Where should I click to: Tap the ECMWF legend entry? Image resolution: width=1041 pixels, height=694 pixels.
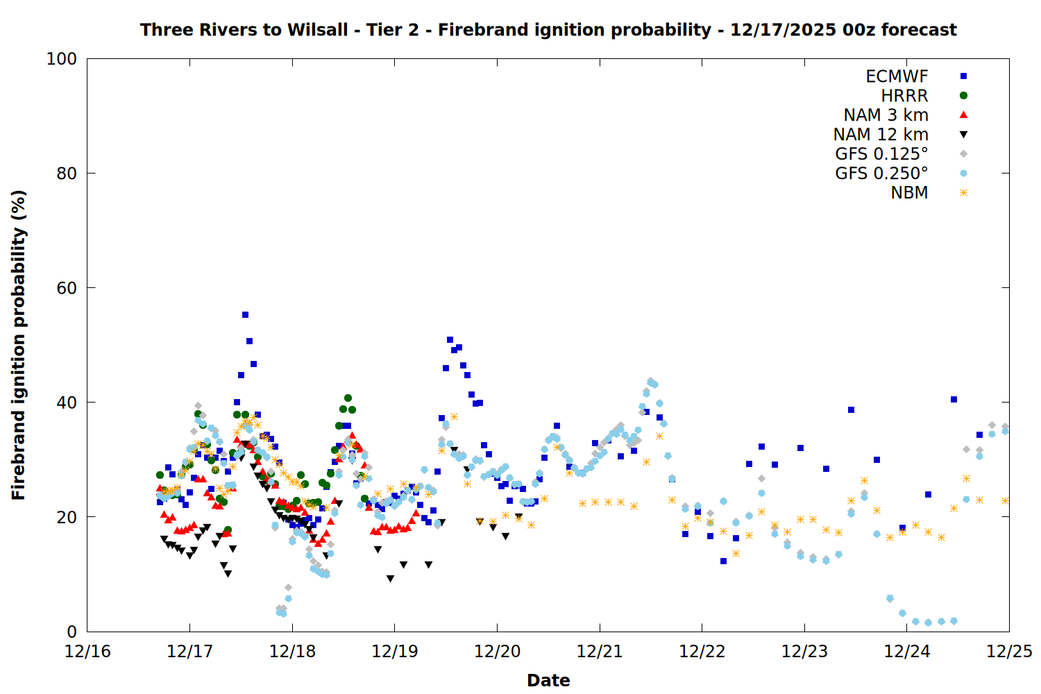pyautogui.click(x=897, y=76)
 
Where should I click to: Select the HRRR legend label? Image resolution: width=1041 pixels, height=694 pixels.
pyautogui.click(x=904, y=96)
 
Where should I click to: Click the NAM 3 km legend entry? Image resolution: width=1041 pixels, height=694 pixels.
pyautogui.click(x=886, y=115)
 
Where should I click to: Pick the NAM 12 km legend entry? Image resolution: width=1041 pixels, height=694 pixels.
pyautogui.click(x=881, y=135)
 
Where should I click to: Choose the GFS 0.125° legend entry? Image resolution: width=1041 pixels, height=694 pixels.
pyautogui.click(x=881, y=154)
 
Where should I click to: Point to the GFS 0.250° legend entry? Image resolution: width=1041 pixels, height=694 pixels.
pyautogui.click(x=881, y=173)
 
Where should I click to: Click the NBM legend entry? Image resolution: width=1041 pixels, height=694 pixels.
pyautogui.click(x=909, y=193)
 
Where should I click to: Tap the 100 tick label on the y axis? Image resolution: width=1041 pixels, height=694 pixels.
pyautogui.click(x=62, y=59)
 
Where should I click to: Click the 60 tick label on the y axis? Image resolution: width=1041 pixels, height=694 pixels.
pyautogui.click(x=67, y=288)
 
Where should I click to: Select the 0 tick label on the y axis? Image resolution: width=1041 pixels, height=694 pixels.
pyautogui.click(x=71, y=632)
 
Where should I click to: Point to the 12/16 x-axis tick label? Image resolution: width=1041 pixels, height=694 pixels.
pyautogui.click(x=87, y=652)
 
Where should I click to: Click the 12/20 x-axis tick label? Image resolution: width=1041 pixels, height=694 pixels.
pyautogui.click(x=497, y=652)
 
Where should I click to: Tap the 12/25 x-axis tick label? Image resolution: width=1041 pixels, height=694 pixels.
pyautogui.click(x=1009, y=652)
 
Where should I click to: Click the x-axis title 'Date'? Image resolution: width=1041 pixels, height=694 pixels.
pyautogui.click(x=548, y=680)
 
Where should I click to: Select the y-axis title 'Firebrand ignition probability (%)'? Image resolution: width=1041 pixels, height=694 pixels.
pyautogui.click(x=19, y=345)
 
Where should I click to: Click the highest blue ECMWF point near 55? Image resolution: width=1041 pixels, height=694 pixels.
pyautogui.click(x=245, y=314)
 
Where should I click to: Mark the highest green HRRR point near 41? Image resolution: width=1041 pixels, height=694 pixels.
pyautogui.click(x=348, y=398)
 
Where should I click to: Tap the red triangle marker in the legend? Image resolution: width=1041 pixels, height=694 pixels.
pyautogui.click(x=963, y=115)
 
